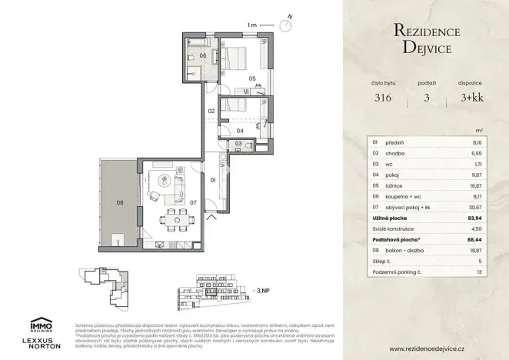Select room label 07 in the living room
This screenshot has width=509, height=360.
coord(194,203)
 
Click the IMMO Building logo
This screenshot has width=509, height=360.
coord(40,325)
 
